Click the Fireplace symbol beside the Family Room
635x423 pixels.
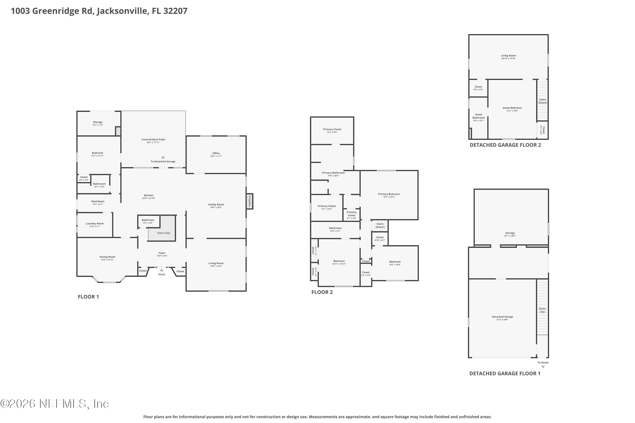(250, 201)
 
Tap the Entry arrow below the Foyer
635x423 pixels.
(162, 270)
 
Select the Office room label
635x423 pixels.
(216, 153)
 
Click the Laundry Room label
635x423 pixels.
(95, 224)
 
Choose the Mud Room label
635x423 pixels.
(98, 202)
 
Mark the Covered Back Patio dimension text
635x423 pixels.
(153, 142)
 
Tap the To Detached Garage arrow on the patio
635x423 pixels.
(163, 157)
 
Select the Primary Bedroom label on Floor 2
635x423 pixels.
(389, 194)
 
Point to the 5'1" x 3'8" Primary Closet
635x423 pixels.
(352, 215)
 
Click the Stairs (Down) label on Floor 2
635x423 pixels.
(380, 225)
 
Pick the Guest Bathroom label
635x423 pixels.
(478, 116)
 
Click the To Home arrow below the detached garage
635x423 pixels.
(543, 367)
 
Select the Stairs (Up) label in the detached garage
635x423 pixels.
(542, 310)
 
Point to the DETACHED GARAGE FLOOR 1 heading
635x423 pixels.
(505, 373)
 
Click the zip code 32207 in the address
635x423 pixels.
(175, 11)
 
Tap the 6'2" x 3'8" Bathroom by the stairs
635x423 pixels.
(148, 221)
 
